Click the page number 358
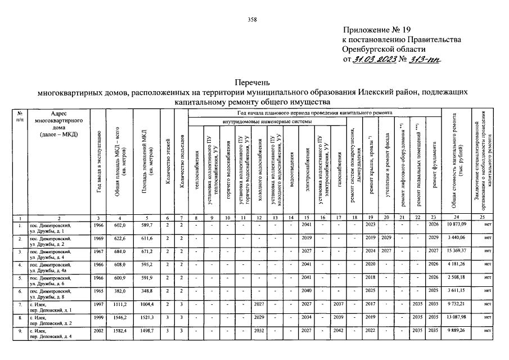click(253, 20)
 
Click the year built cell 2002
click(99, 331)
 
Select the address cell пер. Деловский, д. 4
click(55, 337)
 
